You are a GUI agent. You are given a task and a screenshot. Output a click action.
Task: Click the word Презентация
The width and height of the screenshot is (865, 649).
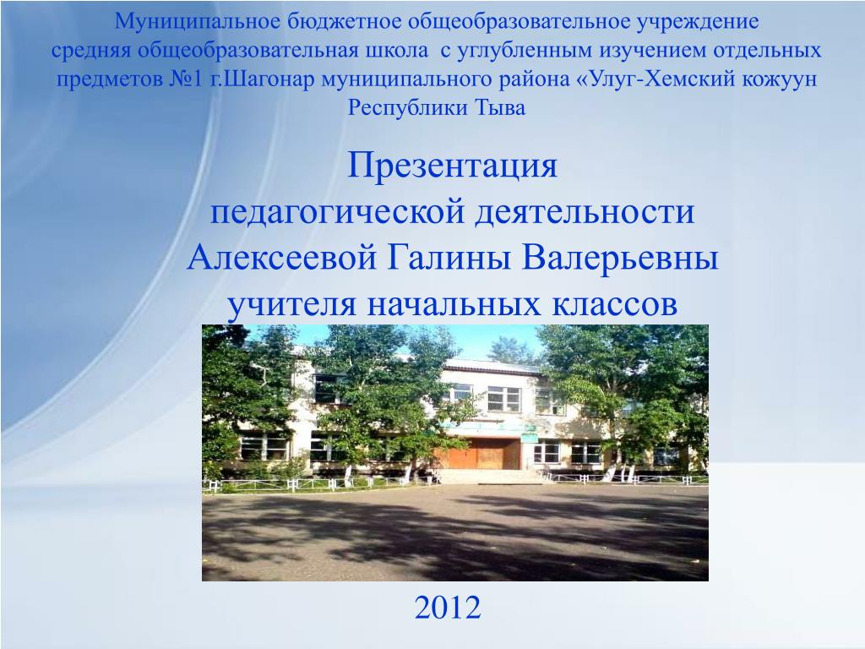[x=452, y=166]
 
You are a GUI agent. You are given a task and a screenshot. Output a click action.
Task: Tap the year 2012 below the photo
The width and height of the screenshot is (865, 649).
[x=448, y=608]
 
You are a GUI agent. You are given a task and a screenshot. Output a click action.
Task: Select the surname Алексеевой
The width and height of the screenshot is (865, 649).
[x=281, y=258]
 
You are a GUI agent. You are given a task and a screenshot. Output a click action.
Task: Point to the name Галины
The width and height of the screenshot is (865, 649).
[x=449, y=258]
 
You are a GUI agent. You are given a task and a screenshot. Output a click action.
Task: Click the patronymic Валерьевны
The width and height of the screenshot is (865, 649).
[x=620, y=258]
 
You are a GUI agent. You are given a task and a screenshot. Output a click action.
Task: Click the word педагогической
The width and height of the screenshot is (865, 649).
[x=337, y=212]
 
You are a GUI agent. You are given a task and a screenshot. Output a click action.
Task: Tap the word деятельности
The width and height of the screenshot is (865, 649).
[x=585, y=212]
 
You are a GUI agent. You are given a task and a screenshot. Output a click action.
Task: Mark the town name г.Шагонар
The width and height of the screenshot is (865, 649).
[x=263, y=79]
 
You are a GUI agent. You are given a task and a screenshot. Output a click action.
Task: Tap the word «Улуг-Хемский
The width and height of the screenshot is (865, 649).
[x=656, y=79]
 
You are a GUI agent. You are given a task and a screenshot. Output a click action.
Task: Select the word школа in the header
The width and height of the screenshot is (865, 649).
[x=396, y=51]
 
